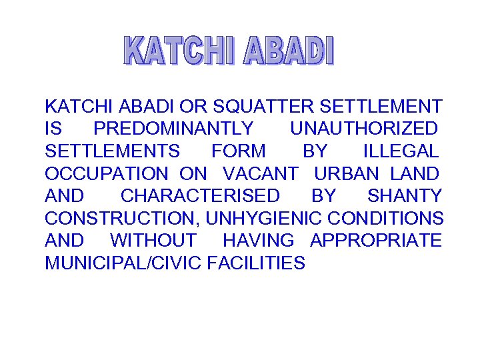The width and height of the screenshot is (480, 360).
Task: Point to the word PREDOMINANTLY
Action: [x=173, y=129]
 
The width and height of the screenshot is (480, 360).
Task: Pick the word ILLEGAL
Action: [x=401, y=151]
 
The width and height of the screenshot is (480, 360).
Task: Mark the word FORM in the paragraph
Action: [x=238, y=151]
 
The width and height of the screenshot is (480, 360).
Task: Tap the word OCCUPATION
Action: [x=106, y=174]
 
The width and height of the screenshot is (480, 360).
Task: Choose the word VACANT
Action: [x=260, y=174]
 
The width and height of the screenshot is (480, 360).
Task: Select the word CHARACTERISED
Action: [x=200, y=196]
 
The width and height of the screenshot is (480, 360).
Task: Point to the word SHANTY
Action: [x=405, y=196]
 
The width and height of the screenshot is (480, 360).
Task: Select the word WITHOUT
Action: [x=153, y=241]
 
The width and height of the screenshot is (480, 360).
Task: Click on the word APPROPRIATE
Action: [x=376, y=241]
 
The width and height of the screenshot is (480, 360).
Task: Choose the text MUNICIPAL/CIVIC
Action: [x=123, y=263]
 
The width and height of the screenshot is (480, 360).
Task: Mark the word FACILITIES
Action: [x=256, y=263]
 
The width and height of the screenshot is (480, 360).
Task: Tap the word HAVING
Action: [x=258, y=241]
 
